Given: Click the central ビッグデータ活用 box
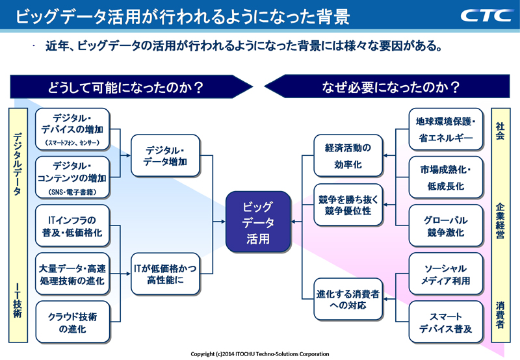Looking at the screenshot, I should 257,222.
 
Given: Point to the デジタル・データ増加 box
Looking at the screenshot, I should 165,156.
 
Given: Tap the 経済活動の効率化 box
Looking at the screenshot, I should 348,156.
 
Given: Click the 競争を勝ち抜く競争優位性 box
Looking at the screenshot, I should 348,204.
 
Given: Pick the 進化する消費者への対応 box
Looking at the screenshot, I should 348,298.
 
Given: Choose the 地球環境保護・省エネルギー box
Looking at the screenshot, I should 446,129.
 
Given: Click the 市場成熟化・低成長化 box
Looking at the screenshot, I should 446,177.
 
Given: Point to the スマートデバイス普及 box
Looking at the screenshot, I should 446,322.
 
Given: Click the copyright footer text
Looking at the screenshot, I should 260,354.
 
